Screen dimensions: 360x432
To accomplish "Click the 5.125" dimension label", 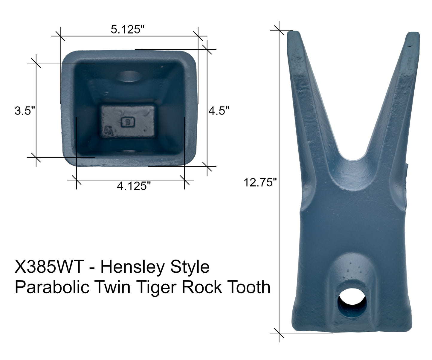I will tap(128, 29).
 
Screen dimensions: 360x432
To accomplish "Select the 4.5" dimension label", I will tap(219, 111).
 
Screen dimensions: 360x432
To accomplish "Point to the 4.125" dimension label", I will tap(133, 186).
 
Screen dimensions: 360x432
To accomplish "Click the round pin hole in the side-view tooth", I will tap(352, 303).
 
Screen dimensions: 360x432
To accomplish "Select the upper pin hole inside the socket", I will tap(129, 77).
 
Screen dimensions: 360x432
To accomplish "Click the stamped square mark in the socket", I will tap(128, 122).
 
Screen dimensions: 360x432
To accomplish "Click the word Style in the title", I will tap(190, 267).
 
